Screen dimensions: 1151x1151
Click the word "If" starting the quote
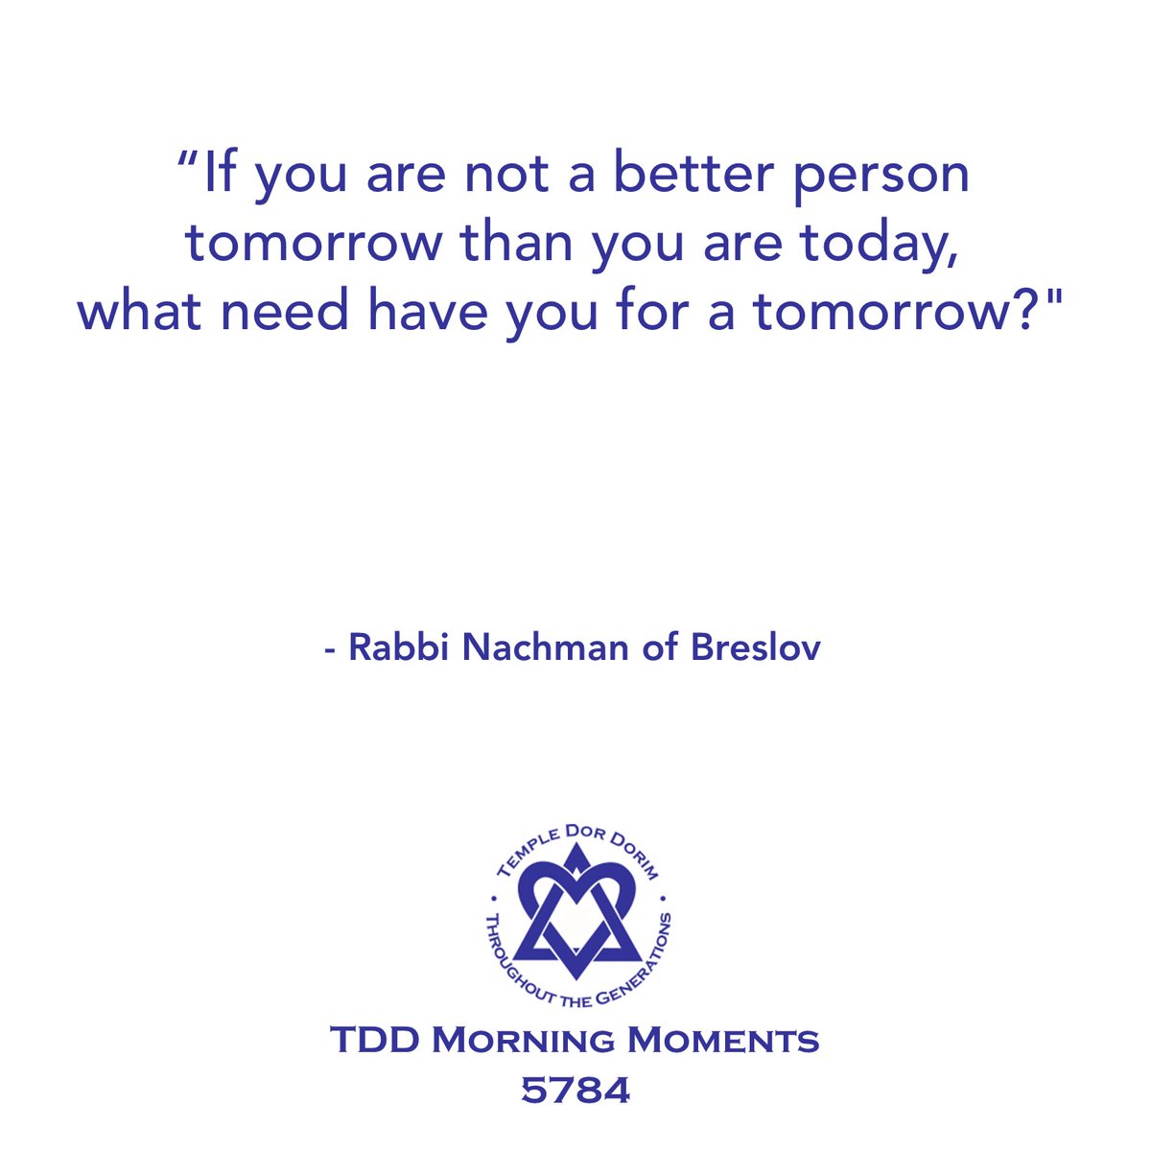click(219, 176)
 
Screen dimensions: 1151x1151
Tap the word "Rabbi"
click(399, 647)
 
